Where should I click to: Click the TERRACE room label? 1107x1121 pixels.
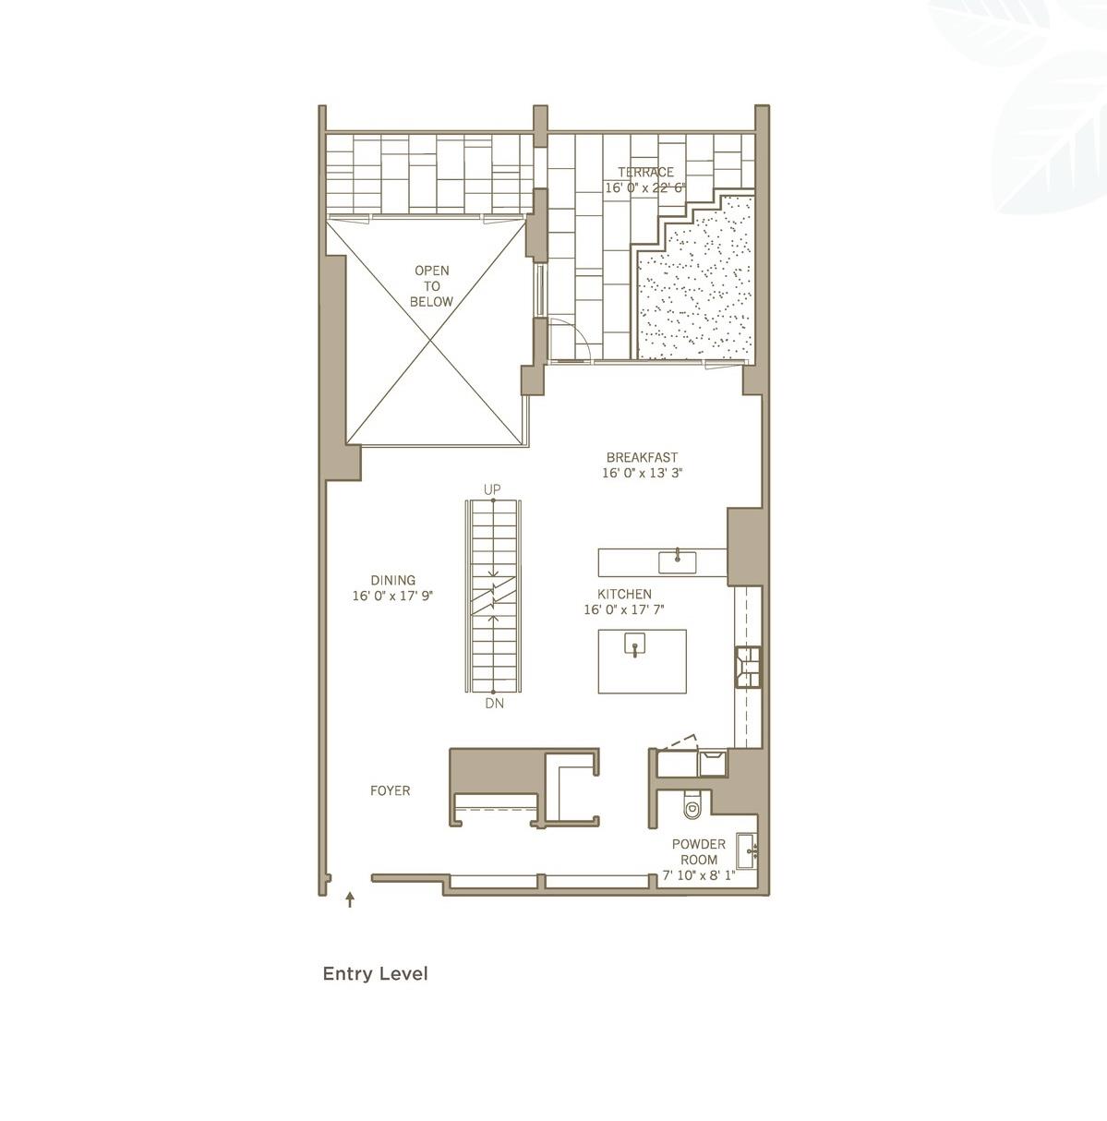[x=645, y=172]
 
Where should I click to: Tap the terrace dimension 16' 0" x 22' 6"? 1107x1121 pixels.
[x=645, y=187]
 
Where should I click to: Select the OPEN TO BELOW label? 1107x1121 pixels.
[x=432, y=286]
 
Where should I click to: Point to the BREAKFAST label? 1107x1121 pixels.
[x=642, y=457]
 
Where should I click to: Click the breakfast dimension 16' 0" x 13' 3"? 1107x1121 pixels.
[x=642, y=473]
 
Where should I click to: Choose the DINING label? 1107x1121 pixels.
[x=392, y=580]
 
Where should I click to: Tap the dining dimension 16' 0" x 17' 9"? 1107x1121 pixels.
[x=392, y=597]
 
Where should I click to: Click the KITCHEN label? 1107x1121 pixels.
[x=624, y=594]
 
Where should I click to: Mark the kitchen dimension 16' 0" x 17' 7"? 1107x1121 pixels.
[x=624, y=609]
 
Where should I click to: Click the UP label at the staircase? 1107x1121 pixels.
[x=492, y=488]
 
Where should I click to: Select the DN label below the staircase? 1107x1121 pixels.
[x=493, y=704]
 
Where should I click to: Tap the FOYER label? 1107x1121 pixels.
[x=390, y=790]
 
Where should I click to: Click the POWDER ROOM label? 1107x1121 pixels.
[x=698, y=851]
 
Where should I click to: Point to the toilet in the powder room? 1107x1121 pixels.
[x=692, y=807]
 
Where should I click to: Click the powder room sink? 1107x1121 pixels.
[x=748, y=847]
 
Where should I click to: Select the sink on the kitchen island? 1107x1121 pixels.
[x=635, y=644]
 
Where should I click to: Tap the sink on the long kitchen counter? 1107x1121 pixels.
[x=678, y=560]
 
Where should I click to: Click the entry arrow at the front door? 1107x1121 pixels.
[x=350, y=899]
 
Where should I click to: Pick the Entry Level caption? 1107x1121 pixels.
[x=375, y=973]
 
